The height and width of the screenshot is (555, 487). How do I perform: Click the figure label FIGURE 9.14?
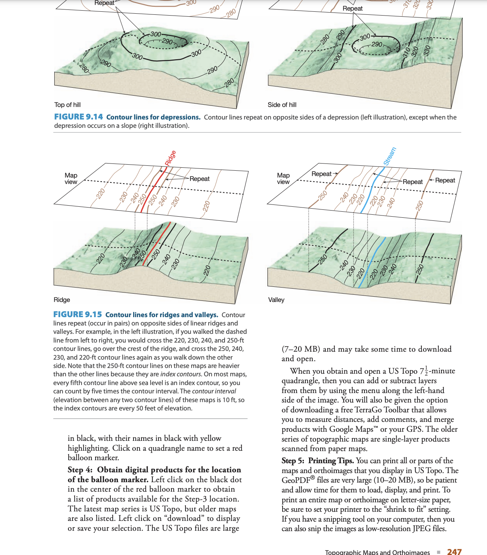(x=79, y=117)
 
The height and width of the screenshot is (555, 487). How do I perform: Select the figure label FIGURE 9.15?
(x=77, y=314)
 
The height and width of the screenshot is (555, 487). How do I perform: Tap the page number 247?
(x=454, y=552)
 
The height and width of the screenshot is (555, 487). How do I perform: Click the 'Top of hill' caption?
(x=68, y=105)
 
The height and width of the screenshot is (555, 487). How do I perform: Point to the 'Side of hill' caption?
(x=282, y=105)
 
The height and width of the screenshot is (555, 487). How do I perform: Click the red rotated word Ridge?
(x=171, y=158)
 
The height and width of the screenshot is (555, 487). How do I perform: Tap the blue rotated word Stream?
(x=390, y=156)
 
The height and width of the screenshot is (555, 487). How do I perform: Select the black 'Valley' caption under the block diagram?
(x=276, y=300)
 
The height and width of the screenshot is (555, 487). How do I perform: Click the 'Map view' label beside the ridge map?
(x=71, y=178)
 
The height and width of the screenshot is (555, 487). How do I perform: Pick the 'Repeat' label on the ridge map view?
(x=200, y=179)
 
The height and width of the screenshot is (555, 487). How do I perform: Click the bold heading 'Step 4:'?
(x=80, y=470)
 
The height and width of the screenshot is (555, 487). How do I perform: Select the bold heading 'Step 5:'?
(x=293, y=461)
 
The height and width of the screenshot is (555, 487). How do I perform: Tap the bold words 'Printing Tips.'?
(x=331, y=461)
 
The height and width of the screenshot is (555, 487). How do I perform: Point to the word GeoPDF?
(x=296, y=480)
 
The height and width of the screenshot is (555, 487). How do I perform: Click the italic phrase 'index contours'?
(x=181, y=374)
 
